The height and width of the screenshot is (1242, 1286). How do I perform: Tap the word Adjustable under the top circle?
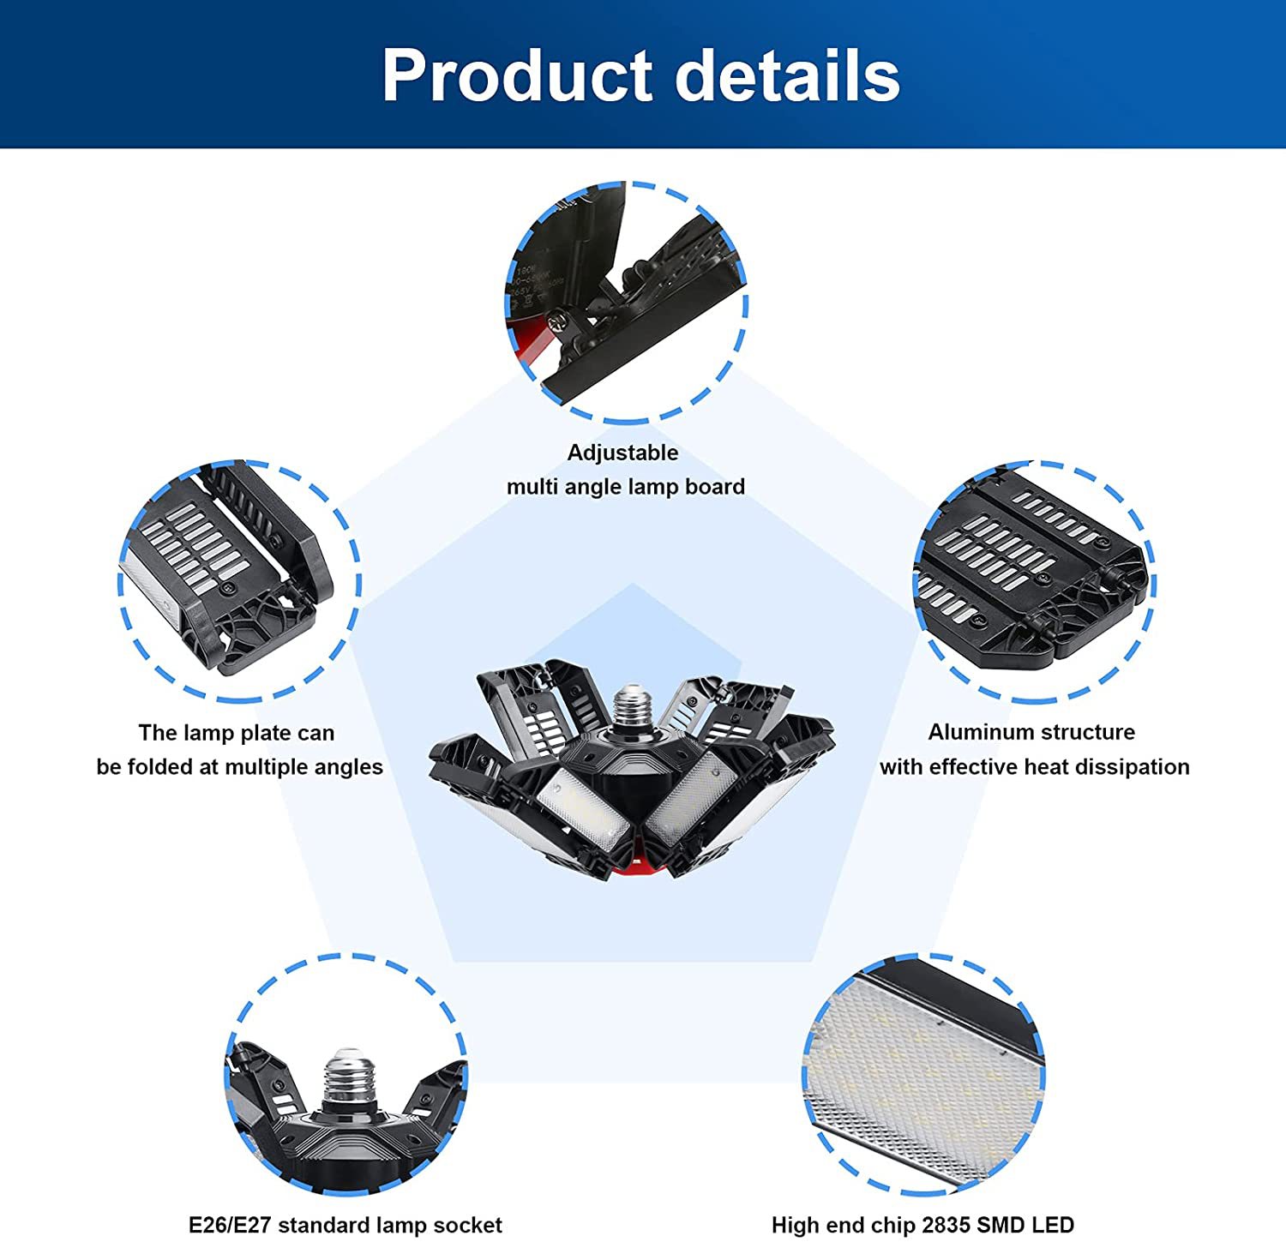point(622,453)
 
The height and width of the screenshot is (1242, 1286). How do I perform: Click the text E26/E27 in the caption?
point(230,1225)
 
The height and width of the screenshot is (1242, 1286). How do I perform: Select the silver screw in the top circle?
point(561,322)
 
